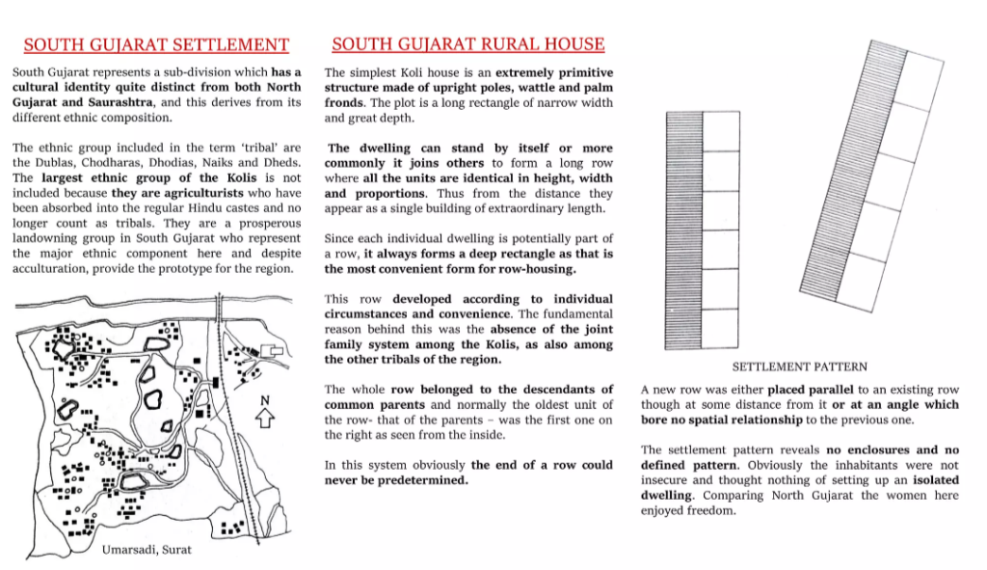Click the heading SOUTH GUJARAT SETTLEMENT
point(156,44)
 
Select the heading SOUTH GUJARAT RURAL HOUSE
point(468,44)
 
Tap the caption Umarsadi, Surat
point(147,549)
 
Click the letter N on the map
point(267,401)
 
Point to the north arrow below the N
point(267,419)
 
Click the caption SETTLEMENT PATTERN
point(799,367)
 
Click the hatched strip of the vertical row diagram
point(683,231)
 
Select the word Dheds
point(279,163)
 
